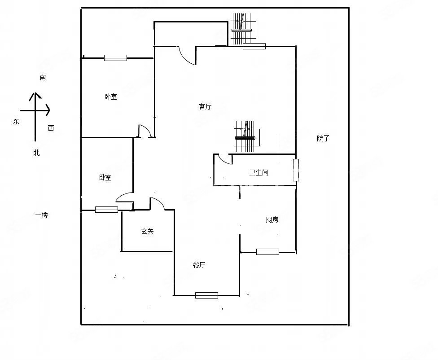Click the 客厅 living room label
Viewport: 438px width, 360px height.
[205, 106]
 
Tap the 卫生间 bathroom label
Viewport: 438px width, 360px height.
[259, 172]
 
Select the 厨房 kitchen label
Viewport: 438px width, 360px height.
[272, 220]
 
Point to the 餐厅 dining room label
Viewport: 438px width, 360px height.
[199, 265]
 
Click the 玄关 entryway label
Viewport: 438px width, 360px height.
[148, 231]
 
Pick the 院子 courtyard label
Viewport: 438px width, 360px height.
[323, 138]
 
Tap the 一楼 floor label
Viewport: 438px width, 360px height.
[42, 215]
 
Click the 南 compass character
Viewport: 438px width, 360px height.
[43, 78]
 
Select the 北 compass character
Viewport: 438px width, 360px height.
[37, 153]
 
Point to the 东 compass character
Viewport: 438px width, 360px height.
[16, 121]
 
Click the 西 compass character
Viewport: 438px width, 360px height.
[51, 128]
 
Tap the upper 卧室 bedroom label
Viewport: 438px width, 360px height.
[111, 97]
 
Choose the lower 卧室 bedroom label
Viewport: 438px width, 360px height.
[105, 178]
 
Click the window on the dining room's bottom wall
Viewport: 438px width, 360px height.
[206, 295]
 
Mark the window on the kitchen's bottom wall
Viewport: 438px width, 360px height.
[267, 252]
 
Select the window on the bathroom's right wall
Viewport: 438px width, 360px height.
[296, 170]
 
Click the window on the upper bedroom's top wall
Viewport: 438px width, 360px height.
[115, 57]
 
